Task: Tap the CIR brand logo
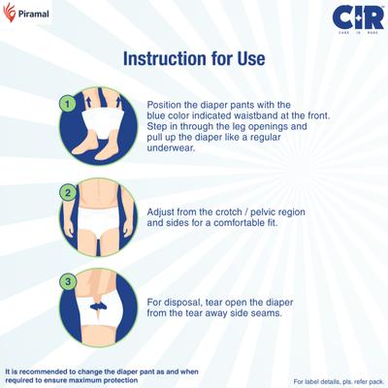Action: (x=351, y=18)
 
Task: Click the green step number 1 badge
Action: (x=66, y=102)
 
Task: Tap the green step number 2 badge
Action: (x=66, y=191)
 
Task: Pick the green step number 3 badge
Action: (x=66, y=281)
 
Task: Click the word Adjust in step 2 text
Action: (x=163, y=210)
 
